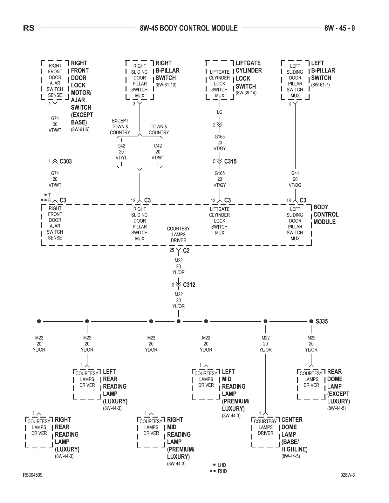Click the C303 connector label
(65, 161)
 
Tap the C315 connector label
(230, 161)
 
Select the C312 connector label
(189, 285)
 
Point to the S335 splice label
(322, 321)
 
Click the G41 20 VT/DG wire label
(295, 179)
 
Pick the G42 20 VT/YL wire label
(121, 152)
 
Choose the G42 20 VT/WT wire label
(158, 152)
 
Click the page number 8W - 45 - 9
(339, 28)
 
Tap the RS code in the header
(29, 28)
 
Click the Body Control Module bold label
(326, 214)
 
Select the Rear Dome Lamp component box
(311, 384)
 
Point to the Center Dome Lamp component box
(265, 432)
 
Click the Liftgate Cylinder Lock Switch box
(220, 80)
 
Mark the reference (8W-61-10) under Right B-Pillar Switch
(166, 85)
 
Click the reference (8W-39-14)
(246, 93)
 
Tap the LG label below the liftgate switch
(220, 112)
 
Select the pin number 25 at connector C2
(172, 250)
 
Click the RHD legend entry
(222, 471)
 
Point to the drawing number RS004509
(32, 475)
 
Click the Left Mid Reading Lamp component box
(206, 384)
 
